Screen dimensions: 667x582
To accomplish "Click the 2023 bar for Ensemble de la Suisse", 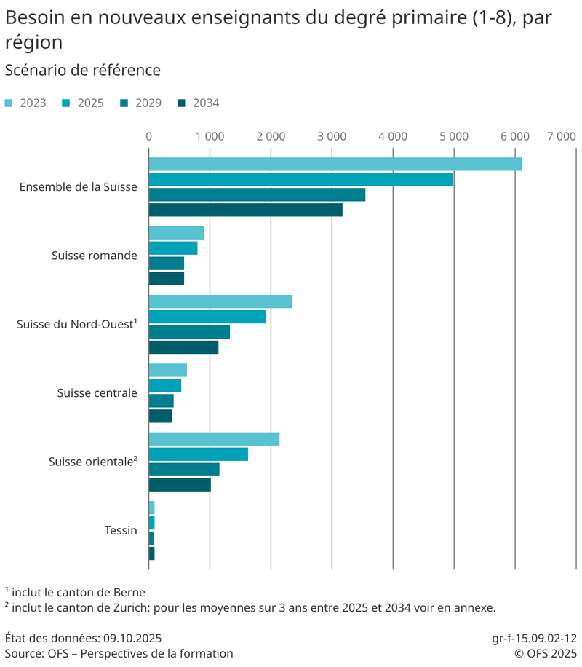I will [335, 165].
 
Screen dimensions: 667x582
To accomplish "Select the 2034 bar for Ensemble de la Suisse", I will [245, 210].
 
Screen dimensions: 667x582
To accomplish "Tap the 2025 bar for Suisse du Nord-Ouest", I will [207, 317].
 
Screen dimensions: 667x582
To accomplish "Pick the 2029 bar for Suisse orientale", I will [184, 470].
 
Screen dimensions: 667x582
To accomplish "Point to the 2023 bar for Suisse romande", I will [176, 233].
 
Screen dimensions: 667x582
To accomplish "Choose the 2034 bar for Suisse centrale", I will [160, 416].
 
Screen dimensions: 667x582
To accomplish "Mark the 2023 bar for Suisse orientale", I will [214, 439].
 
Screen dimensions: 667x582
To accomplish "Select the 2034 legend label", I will [206, 103].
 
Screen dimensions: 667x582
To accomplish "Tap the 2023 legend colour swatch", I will [9, 103].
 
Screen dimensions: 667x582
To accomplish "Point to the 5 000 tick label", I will [453, 136].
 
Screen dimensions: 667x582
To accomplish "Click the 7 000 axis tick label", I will [562, 136].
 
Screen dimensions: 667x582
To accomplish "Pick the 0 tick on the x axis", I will [149, 136].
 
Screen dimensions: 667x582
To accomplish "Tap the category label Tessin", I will [121, 530].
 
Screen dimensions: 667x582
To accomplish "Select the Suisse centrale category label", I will [97, 393].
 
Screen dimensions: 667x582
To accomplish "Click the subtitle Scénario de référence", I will [82, 71].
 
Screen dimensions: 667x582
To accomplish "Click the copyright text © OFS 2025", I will [546, 653].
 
